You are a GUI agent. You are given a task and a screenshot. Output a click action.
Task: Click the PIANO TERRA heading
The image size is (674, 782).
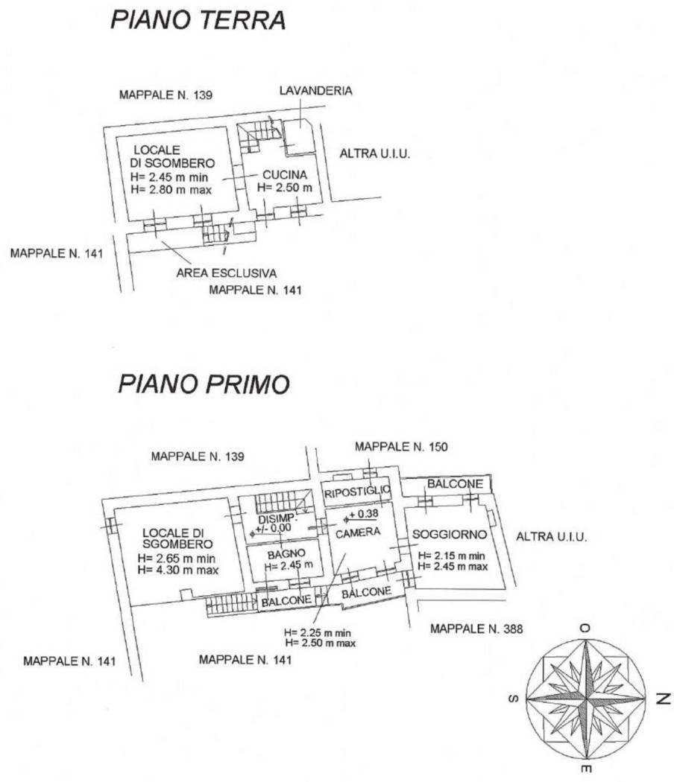coord(198,20)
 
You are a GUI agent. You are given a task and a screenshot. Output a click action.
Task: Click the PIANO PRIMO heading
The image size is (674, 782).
coord(204,384)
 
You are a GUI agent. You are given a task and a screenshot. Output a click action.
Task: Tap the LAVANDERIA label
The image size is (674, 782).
coord(315,91)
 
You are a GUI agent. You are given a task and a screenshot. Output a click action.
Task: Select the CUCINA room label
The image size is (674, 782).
coord(285,175)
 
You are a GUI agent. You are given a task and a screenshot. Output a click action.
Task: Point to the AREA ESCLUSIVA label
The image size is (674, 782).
coord(226,273)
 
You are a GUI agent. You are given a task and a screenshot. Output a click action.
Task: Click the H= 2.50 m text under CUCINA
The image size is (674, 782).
coord(285,188)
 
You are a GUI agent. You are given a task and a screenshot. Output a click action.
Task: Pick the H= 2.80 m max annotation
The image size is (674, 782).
coord(171,190)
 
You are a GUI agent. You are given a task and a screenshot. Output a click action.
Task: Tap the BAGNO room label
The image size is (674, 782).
coord(286,554)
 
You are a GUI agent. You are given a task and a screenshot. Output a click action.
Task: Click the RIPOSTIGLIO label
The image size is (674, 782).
coord(356,492)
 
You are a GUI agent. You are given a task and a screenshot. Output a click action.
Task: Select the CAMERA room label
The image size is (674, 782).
coord(357,533)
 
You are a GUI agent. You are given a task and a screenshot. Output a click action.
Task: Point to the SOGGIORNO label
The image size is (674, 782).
coord(450,535)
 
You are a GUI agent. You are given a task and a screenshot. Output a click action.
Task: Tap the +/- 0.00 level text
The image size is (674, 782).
coord(273,528)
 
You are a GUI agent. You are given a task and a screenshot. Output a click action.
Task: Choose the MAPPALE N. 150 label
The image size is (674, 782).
coord(401,447)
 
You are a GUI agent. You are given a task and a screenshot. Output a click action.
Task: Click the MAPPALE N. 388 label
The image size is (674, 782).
coord(476,629)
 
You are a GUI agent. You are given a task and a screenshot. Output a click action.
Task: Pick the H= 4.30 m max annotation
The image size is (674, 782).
coord(177,570)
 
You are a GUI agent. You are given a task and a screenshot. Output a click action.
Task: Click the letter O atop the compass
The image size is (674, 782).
coord(585,628)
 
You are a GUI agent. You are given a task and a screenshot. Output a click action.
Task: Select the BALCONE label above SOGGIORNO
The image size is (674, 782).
coord(455,484)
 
